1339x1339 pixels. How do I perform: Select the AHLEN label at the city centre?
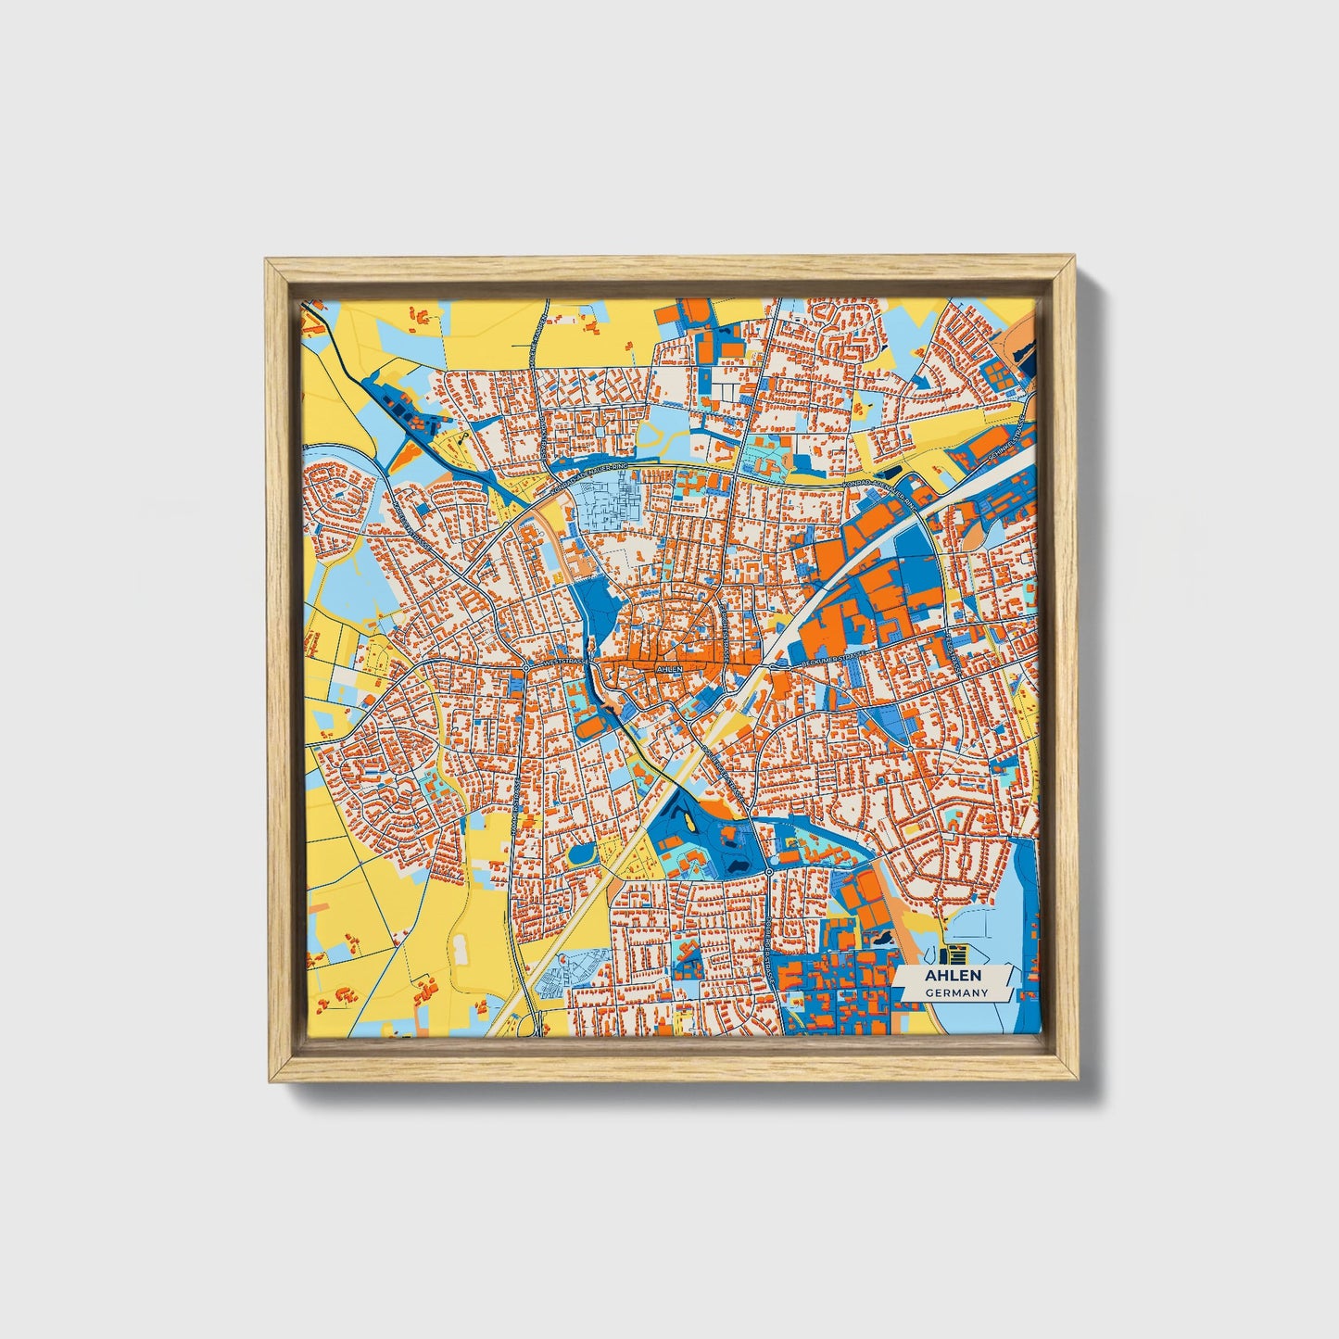[x=668, y=668]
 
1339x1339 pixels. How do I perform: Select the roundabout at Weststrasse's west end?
[x=526, y=665]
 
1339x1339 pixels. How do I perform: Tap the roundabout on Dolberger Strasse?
[x=768, y=871]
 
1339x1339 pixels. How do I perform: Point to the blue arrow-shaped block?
[x=927, y=374]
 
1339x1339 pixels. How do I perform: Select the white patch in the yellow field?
[x=461, y=948]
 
